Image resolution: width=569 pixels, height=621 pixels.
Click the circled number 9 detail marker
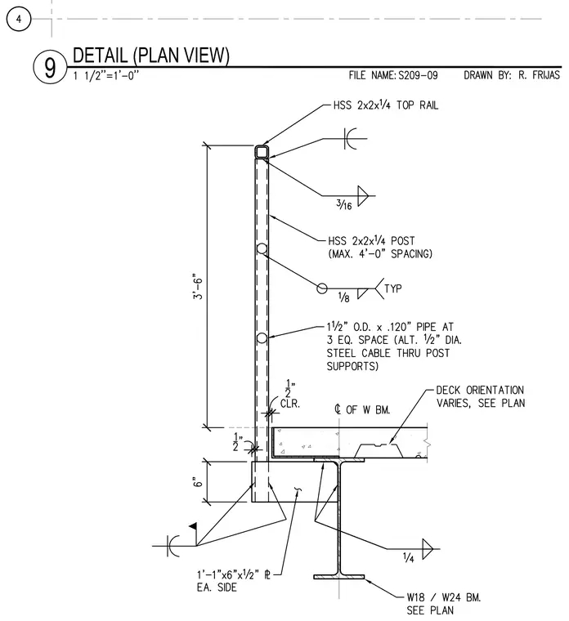pos(50,68)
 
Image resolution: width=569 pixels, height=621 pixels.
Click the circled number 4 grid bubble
pos(18,19)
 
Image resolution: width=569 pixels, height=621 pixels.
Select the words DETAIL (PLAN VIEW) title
pos(151,55)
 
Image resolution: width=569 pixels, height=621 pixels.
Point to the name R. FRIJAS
pos(539,75)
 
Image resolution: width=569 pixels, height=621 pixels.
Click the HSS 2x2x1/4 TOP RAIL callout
pos(386,105)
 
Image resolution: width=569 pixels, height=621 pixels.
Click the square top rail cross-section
pos(262,152)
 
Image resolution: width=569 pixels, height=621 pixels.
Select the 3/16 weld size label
pos(344,204)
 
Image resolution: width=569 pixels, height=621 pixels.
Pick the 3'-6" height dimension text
pos(197,286)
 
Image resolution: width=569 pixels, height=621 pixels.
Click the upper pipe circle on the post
pos(262,248)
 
